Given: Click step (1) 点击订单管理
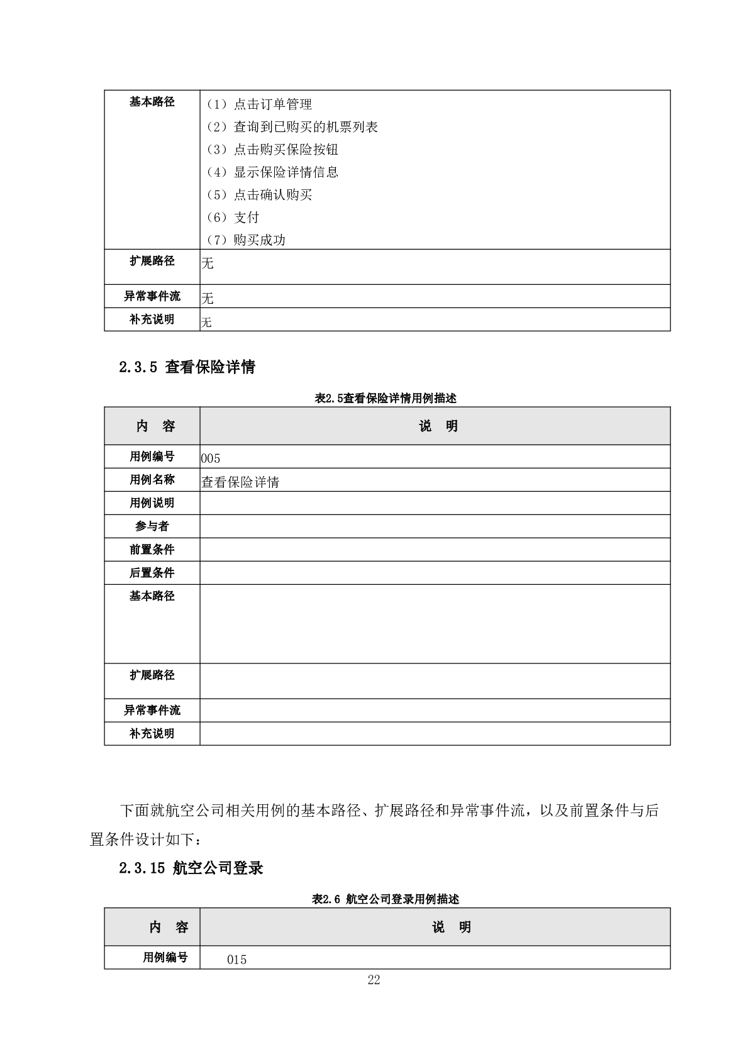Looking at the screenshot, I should [259, 104].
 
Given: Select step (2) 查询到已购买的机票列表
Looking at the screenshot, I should [292, 127].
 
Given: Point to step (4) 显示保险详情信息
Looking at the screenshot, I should [272, 172].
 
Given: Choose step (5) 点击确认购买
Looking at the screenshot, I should [259, 195].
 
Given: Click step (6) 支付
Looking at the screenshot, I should [233, 218].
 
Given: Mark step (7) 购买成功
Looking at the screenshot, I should [246, 240].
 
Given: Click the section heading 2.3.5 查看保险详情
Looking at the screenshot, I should [187, 367].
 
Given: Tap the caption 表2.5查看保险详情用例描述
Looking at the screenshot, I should [386, 398].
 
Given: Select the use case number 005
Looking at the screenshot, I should [211, 458].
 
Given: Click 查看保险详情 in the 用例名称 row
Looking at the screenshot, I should [240, 482].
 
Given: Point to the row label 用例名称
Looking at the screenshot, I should [152, 480].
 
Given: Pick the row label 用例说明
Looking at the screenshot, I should [152, 503].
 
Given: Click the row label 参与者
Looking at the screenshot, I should [152, 526].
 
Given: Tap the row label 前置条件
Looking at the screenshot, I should [152, 550].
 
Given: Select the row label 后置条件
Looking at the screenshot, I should [152, 573].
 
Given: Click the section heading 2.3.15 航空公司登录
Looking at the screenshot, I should [191, 868].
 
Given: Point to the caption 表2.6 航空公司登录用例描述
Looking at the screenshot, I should [386, 899].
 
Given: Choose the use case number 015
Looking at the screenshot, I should [237, 960].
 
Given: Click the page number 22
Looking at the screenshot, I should [374, 980].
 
